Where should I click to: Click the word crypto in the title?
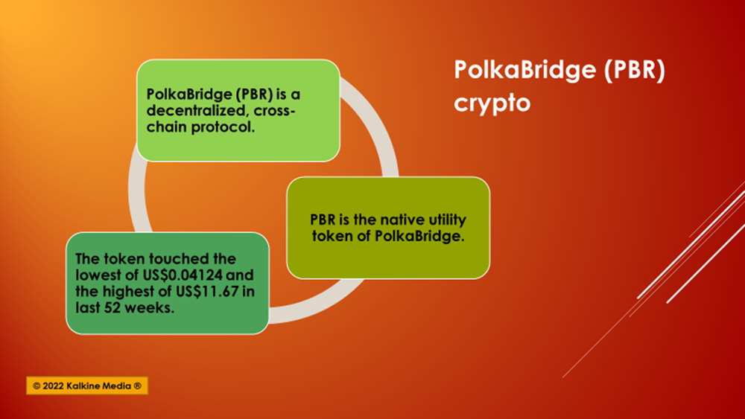pos(492,103)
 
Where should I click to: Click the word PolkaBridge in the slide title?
pos(524,69)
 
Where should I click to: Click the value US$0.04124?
pos(183,275)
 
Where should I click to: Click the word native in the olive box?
pos(402,220)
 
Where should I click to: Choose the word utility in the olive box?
pos(448,220)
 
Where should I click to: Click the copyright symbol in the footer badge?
pos(37,386)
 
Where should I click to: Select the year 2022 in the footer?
pos(53,386)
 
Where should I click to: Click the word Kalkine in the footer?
pos(83,386)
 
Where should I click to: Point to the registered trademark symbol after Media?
pos(137,386)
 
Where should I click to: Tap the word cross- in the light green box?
pos(275,111)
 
